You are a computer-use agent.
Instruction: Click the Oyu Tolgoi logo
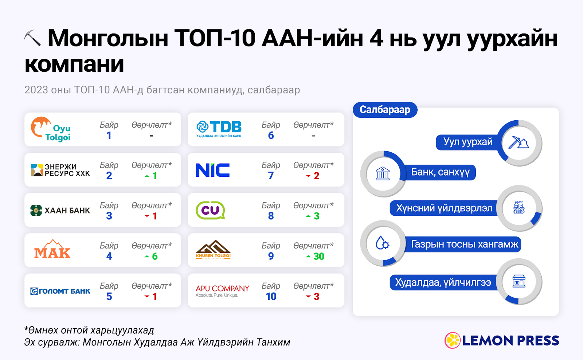tap(51, 129)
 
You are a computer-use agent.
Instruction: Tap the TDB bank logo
tap(219, 129)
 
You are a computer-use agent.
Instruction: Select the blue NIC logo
tap(213, 170)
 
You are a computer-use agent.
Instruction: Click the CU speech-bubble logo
tap(210, 210)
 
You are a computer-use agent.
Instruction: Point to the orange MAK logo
tap(52, 249)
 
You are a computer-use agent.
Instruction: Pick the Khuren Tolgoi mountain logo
tap(213, 250)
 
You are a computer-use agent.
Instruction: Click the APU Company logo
tap(222, 291)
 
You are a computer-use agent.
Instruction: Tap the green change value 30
tap(318, 257)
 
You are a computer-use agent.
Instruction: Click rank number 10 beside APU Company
tap(271, 297)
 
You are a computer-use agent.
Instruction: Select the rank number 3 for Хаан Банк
tap(109, 216)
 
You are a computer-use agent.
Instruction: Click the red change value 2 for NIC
tap(317, 176)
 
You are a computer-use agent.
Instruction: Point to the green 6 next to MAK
tap(154, 257)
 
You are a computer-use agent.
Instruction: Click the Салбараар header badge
tap(385, 110)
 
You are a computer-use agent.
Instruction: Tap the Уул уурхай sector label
tap(468, 142)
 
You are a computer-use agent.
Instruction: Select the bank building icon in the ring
tap(383, 173)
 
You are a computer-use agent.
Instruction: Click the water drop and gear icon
tap(382, 243)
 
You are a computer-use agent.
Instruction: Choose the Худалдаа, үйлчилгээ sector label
tap(443, 282)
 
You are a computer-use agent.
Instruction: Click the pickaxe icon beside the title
tap(32, 38)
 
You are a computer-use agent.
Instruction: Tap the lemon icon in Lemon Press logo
tap(452, 340)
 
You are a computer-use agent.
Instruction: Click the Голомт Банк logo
tap(60, 291)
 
